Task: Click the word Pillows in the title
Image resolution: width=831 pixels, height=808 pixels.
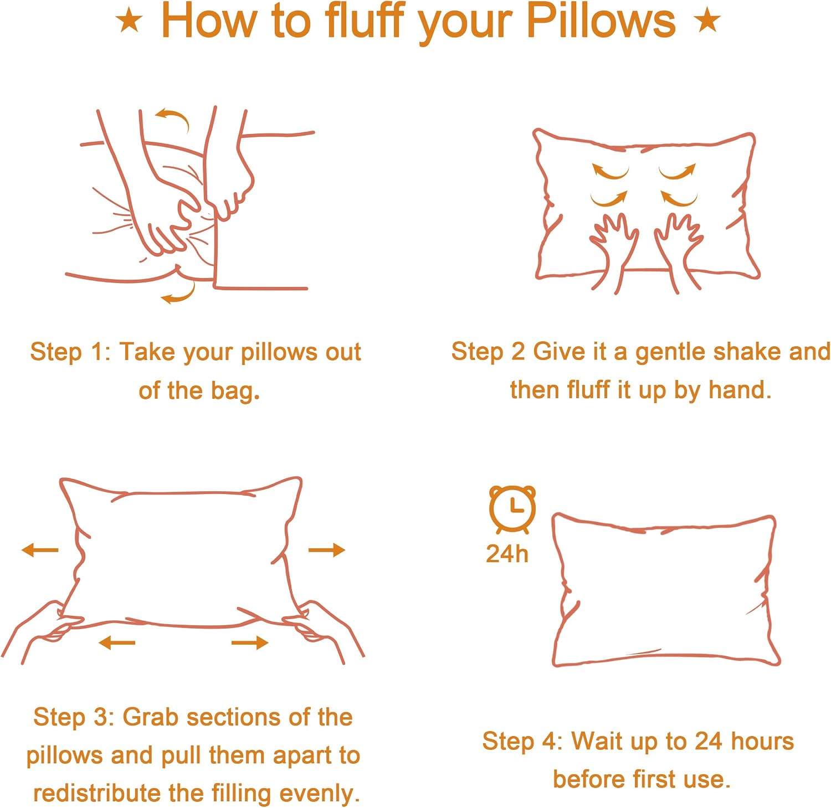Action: (601, 22)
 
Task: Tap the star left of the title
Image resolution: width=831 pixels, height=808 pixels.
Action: (129, 21)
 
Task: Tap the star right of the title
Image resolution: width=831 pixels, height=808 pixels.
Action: (707, 21)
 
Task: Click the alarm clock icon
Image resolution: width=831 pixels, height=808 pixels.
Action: (512, 508)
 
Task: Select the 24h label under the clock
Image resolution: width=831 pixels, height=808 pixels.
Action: (507, 554)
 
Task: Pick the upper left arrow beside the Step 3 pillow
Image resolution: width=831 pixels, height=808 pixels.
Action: (40, 550)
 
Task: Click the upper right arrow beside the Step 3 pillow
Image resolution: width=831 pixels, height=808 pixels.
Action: (327, 550)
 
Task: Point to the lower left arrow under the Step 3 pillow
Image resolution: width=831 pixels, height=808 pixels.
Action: (117, 642)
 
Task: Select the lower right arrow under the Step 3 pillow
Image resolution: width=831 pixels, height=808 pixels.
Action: (250, 642)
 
